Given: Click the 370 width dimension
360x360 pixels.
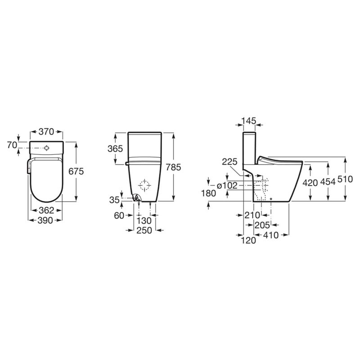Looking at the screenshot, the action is [46, 132].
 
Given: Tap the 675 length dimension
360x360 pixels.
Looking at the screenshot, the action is [76, 171].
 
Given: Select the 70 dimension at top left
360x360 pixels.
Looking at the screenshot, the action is [12, 145].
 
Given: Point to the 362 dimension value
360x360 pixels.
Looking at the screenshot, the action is [46, 210].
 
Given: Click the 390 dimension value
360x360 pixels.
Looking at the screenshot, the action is [45, 220].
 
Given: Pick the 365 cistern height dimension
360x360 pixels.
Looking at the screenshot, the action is [115, 149].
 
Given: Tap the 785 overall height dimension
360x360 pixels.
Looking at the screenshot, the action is [174, 167].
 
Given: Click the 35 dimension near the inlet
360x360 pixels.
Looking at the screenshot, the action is [114, 200].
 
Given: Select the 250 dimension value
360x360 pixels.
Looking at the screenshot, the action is [144, 230].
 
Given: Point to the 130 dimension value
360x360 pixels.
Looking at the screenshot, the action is [144, 221].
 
